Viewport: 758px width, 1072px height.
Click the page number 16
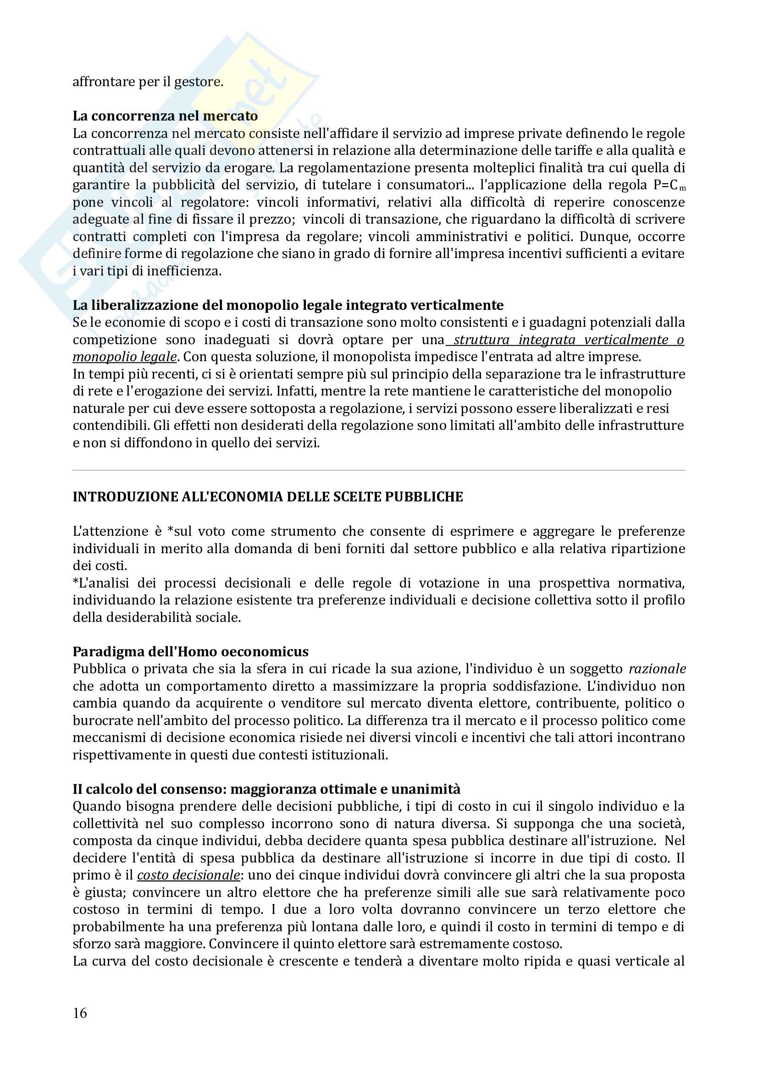click(80, 1013)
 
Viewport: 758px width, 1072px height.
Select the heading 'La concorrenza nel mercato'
click(165, 116)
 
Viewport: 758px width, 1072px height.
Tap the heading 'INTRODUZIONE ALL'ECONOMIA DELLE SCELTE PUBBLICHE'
click(268, 497)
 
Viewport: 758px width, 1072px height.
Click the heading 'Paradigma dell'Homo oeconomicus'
click(191, 651)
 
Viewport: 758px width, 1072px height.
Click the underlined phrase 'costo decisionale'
click(188, 874)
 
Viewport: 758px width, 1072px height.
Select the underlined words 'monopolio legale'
click(125, 357)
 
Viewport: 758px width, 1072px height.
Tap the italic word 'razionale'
click(657, 669)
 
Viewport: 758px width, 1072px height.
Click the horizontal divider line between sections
click(379, 470)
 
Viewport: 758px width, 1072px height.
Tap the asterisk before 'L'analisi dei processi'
click(75, 583)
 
